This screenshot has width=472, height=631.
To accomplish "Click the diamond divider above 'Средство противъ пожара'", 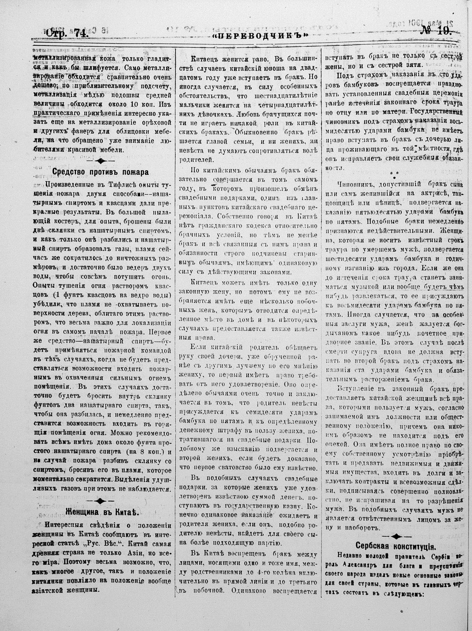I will tap(101, 161).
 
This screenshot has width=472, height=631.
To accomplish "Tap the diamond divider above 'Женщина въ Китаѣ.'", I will tap(100, 500).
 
